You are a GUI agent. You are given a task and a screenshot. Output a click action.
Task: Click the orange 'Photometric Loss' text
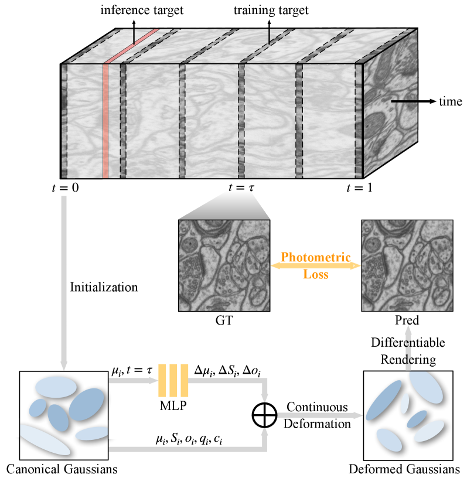tap(315, 265)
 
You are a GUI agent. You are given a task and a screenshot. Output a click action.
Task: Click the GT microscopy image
tap(223, 265)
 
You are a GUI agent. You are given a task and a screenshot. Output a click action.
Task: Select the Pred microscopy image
tap(407, 265)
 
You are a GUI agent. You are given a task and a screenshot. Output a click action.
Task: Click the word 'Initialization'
tap(104, 288)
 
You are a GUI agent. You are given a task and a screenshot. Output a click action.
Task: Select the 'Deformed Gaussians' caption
tap(404, 469)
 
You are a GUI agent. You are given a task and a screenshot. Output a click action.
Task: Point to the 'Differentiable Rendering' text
tap(408, 349)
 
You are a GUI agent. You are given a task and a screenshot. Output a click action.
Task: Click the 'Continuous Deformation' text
tap(317, 415)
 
